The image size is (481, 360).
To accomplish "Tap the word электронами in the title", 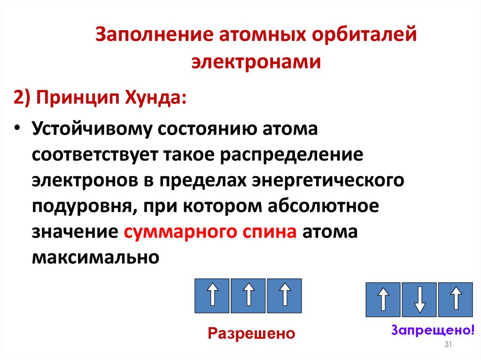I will point(256,62).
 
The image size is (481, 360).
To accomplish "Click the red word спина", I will point(269,232).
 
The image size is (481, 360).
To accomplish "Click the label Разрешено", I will point(251,333).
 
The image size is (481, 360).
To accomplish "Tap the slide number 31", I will point(448,345).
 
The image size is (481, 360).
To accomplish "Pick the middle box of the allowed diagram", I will point(248,296).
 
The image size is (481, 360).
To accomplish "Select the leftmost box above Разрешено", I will point(212,296).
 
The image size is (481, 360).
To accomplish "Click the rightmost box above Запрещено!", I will point(455,299).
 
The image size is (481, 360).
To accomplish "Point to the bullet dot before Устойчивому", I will point(17,130).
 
